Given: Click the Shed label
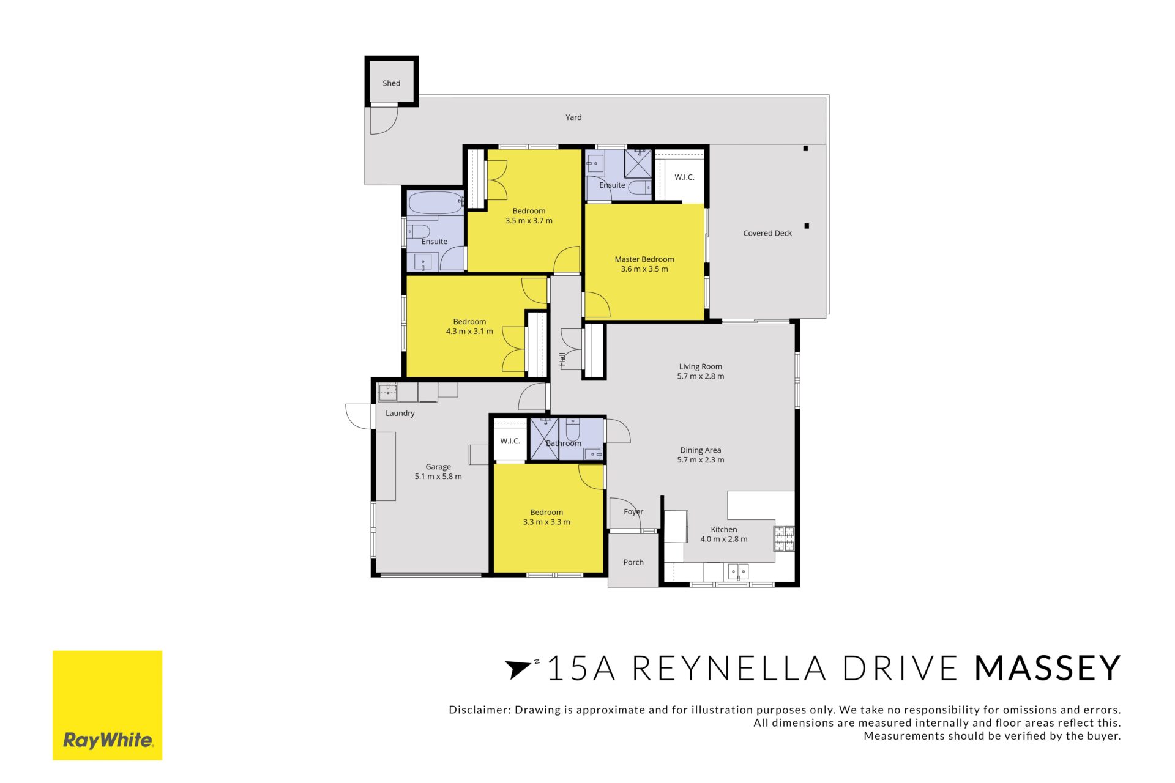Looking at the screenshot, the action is pyautogui.click(x=391, y=83).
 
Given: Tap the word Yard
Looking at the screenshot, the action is pyautogui.click(x=573, y=117).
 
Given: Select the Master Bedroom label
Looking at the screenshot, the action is pyautogui.click(x=644, y=259).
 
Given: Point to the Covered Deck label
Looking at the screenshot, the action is pyautogui.click(x=767, y=233).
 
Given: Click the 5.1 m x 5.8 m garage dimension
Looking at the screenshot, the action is pyautogui.click(x=438, y=477).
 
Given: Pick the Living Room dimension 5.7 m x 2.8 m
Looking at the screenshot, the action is pyautogui.click(x=700, y=376).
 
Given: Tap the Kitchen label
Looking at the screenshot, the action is pyautogui.click(x=724, y=530).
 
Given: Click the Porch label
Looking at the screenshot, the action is pyautogui.click(x=633, y=562).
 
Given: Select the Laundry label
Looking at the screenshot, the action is pyautogui.click(x=400, y=414).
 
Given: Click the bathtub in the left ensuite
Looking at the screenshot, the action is pyautogui.click(x=436, y=202).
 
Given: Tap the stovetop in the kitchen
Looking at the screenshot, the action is pyautogui.click(x=784, y=538).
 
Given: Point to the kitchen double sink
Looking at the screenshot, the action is pyautogui.click(x=738, y=571).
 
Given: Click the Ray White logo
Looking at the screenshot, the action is pyautogui.click(x=108, y=705).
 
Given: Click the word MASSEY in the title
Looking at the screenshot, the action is pyautogui.click(x=1047, y=668).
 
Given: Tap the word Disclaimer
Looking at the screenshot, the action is pyautogui.click(x=479, y=710).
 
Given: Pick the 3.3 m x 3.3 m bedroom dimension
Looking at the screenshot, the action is pyautogui.click(x=546, y=522).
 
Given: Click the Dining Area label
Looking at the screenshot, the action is pyautogui.click(x=700, y=450).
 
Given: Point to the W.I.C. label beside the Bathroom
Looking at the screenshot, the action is pyautogui.click(x=510, y=441).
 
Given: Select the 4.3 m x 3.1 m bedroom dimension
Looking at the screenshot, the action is pyautogui.click(x=469, y=332).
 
